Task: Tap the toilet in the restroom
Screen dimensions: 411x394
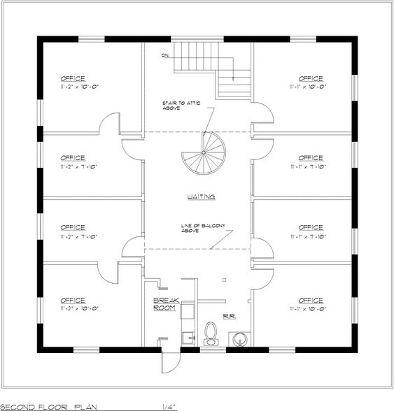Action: pyautogui.click(x=209, y=335)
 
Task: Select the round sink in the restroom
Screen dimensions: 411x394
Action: pyautogui.click(x=240, y=339)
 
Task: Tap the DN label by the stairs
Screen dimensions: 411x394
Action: pyautogui.click(x=165, y=55)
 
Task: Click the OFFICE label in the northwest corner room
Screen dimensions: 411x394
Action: pyautogui.click(x=72, y=78)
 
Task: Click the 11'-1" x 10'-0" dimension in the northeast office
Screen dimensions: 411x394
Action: pyautogui.click(x=311, y=87)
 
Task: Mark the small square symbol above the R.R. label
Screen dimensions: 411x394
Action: pyautogui.click(x=223, y=279)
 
